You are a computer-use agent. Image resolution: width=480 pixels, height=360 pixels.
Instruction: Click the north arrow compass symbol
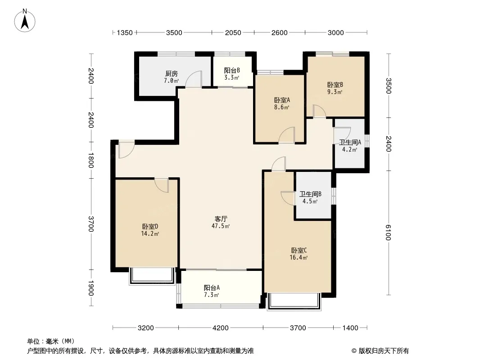[25, 21]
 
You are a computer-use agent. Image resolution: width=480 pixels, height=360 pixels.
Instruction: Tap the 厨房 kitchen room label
[172, 74]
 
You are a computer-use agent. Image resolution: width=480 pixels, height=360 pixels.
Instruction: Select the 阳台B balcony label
[232, 70]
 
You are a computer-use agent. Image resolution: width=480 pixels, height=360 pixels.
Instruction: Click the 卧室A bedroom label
[282, 100]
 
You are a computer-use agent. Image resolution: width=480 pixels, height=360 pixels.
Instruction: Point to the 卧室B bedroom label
[335, 85]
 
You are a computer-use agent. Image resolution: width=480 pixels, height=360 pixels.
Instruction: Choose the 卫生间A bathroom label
[350, 142]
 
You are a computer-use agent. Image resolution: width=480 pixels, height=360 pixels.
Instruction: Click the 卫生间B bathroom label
[310, 194]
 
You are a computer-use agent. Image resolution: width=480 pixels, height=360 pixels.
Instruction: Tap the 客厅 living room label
[221, 219]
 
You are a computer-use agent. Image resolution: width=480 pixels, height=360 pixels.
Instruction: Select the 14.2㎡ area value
[150, 234]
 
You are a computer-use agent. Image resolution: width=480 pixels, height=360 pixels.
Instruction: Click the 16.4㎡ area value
[299, 257]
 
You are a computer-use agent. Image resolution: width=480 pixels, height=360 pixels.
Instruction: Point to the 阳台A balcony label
[212, 288]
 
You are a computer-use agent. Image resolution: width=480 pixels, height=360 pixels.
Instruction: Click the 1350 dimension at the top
[125, 33]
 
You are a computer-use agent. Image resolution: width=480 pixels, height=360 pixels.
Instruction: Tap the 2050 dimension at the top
[233, 33]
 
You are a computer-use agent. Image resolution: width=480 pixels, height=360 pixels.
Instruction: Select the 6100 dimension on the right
[388, 233]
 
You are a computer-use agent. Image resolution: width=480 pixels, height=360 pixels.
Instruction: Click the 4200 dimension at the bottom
[220, 328]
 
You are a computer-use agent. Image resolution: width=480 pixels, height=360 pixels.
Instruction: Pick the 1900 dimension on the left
[91, 288]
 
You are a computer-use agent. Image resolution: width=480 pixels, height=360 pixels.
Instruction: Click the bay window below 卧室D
[151, 276]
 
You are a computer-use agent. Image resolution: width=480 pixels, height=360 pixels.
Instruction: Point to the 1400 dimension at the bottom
[350, 328]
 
